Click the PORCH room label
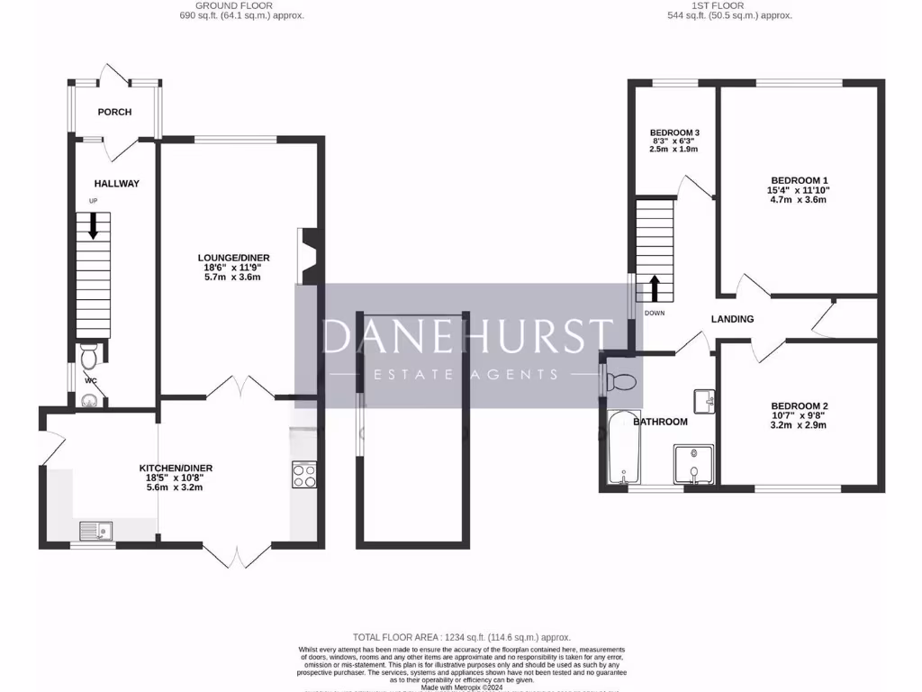tap(114, 113)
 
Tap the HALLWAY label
tap(117, 184)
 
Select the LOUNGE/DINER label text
tap(236, 258)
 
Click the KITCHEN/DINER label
tap(176, 468)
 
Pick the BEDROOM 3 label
tap(674, 132)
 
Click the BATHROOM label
tap(660, 422)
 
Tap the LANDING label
tap(732, 319)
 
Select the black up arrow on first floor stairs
tap(655, 288)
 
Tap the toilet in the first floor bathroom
tap(622, 382)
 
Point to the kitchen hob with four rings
tap(304, 475)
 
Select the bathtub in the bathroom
tap(623, 448)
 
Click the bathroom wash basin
tap(704, 400)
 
